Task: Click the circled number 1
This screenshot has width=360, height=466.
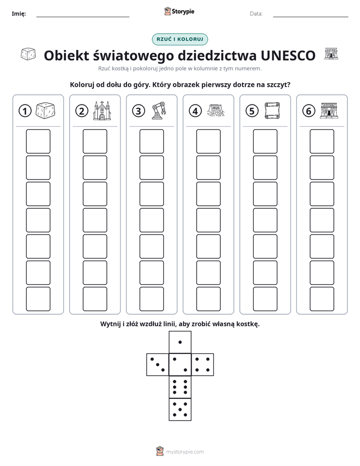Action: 25,111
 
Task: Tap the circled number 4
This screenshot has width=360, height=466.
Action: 195,111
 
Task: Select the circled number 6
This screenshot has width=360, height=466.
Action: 309,111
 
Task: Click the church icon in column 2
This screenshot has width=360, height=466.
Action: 102,110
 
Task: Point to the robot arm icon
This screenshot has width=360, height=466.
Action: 159,110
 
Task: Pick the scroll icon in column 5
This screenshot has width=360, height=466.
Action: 272,110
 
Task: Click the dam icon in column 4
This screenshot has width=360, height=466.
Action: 216,110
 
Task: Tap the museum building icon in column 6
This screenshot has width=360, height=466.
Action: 329,110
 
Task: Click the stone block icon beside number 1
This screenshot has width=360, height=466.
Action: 45,110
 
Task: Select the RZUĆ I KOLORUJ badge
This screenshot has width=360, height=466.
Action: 180,39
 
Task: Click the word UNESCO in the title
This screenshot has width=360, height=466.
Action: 288,55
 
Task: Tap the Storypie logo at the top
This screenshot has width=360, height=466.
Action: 179,12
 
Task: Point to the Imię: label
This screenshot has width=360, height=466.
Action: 19,14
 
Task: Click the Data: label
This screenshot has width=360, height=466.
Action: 256,14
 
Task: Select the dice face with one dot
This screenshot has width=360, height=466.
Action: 180,342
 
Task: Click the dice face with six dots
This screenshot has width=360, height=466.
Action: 180,387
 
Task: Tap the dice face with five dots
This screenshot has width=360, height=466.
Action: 180,410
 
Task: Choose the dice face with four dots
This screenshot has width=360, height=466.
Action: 203,365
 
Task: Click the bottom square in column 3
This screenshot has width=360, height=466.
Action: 152,299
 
